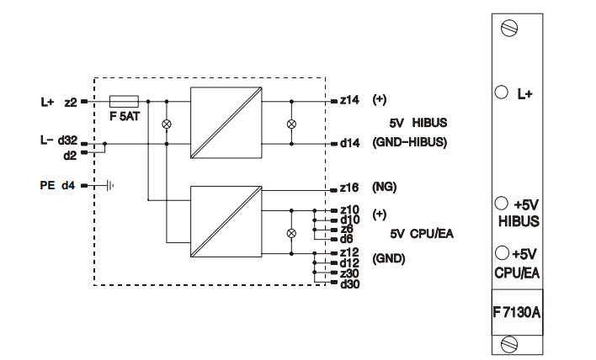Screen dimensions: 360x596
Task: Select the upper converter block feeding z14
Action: point(222,122)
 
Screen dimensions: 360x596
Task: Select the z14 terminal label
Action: point(348,100)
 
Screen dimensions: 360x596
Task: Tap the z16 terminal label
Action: point(349,188)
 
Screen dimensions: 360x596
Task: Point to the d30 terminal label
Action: point(349,283)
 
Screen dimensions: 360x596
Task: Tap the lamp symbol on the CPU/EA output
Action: point(292,232)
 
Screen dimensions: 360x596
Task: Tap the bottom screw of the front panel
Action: point(509,341)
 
